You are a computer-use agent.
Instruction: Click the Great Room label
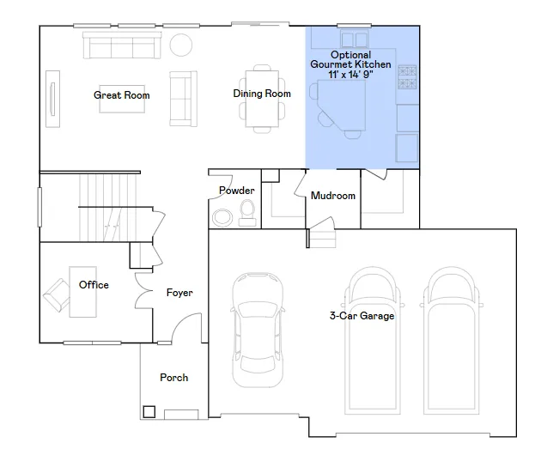[x=121, y=95]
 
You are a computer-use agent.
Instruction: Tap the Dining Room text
[x=262, y=94]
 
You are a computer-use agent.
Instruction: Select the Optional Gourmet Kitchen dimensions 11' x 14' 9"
[x=350, y=74]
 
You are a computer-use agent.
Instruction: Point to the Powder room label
[x=237, y=191]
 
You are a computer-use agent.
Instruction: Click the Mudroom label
[x=333, y=196]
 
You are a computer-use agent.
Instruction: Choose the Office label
[x=94, y=285]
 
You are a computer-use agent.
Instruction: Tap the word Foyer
[x=179, y=293]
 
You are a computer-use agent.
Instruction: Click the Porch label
[x=173, y=378]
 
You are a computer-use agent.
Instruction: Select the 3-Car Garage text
[x=362, y=316]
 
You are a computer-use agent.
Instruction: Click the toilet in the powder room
[x=247, y=213]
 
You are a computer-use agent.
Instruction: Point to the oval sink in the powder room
[x=222, y=218]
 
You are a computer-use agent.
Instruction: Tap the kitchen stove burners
[x=407, y=77]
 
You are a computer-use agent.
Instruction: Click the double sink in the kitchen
[x=355, y=39]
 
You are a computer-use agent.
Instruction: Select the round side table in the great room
[x=181, y=45]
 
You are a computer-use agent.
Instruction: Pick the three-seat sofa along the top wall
[x=122, y=45]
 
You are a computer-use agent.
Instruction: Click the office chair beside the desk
[x=57, y=295]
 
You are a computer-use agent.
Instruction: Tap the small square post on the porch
[x=149, y=412]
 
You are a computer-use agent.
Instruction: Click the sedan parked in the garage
[x=258, y=330]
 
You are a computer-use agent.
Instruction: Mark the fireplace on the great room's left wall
[x=52, y=99]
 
